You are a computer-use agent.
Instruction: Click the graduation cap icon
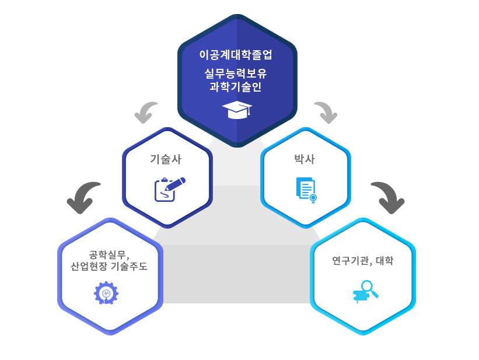tap(236, 109)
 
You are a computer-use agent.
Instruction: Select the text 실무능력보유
tap(236, 74)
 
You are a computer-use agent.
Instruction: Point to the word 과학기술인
tap(236, 87)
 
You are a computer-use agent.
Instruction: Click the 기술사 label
tap(166, 159)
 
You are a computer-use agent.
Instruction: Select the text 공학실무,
tap(109, 254)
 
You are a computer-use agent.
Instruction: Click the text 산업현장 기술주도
tap(109, 267)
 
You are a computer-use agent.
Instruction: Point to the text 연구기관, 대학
tap(362, 260)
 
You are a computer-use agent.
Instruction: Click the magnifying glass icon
tap(366, 291)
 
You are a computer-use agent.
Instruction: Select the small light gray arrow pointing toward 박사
tap(326, 112)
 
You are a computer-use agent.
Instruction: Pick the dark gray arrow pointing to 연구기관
tap(388, 197)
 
